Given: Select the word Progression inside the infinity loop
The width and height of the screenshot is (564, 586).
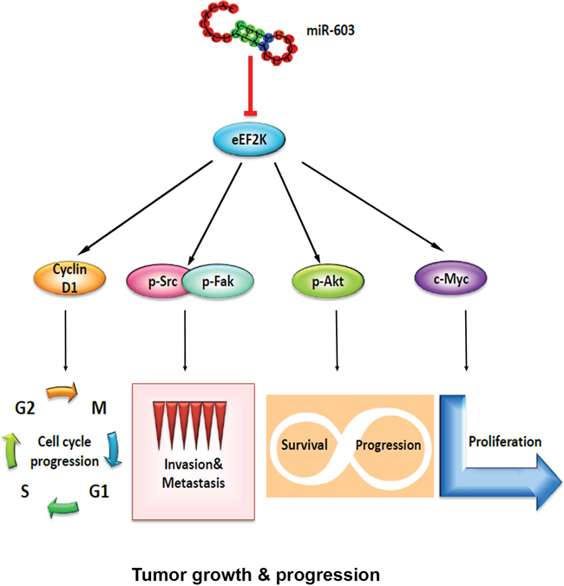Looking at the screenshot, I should point(388,446).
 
